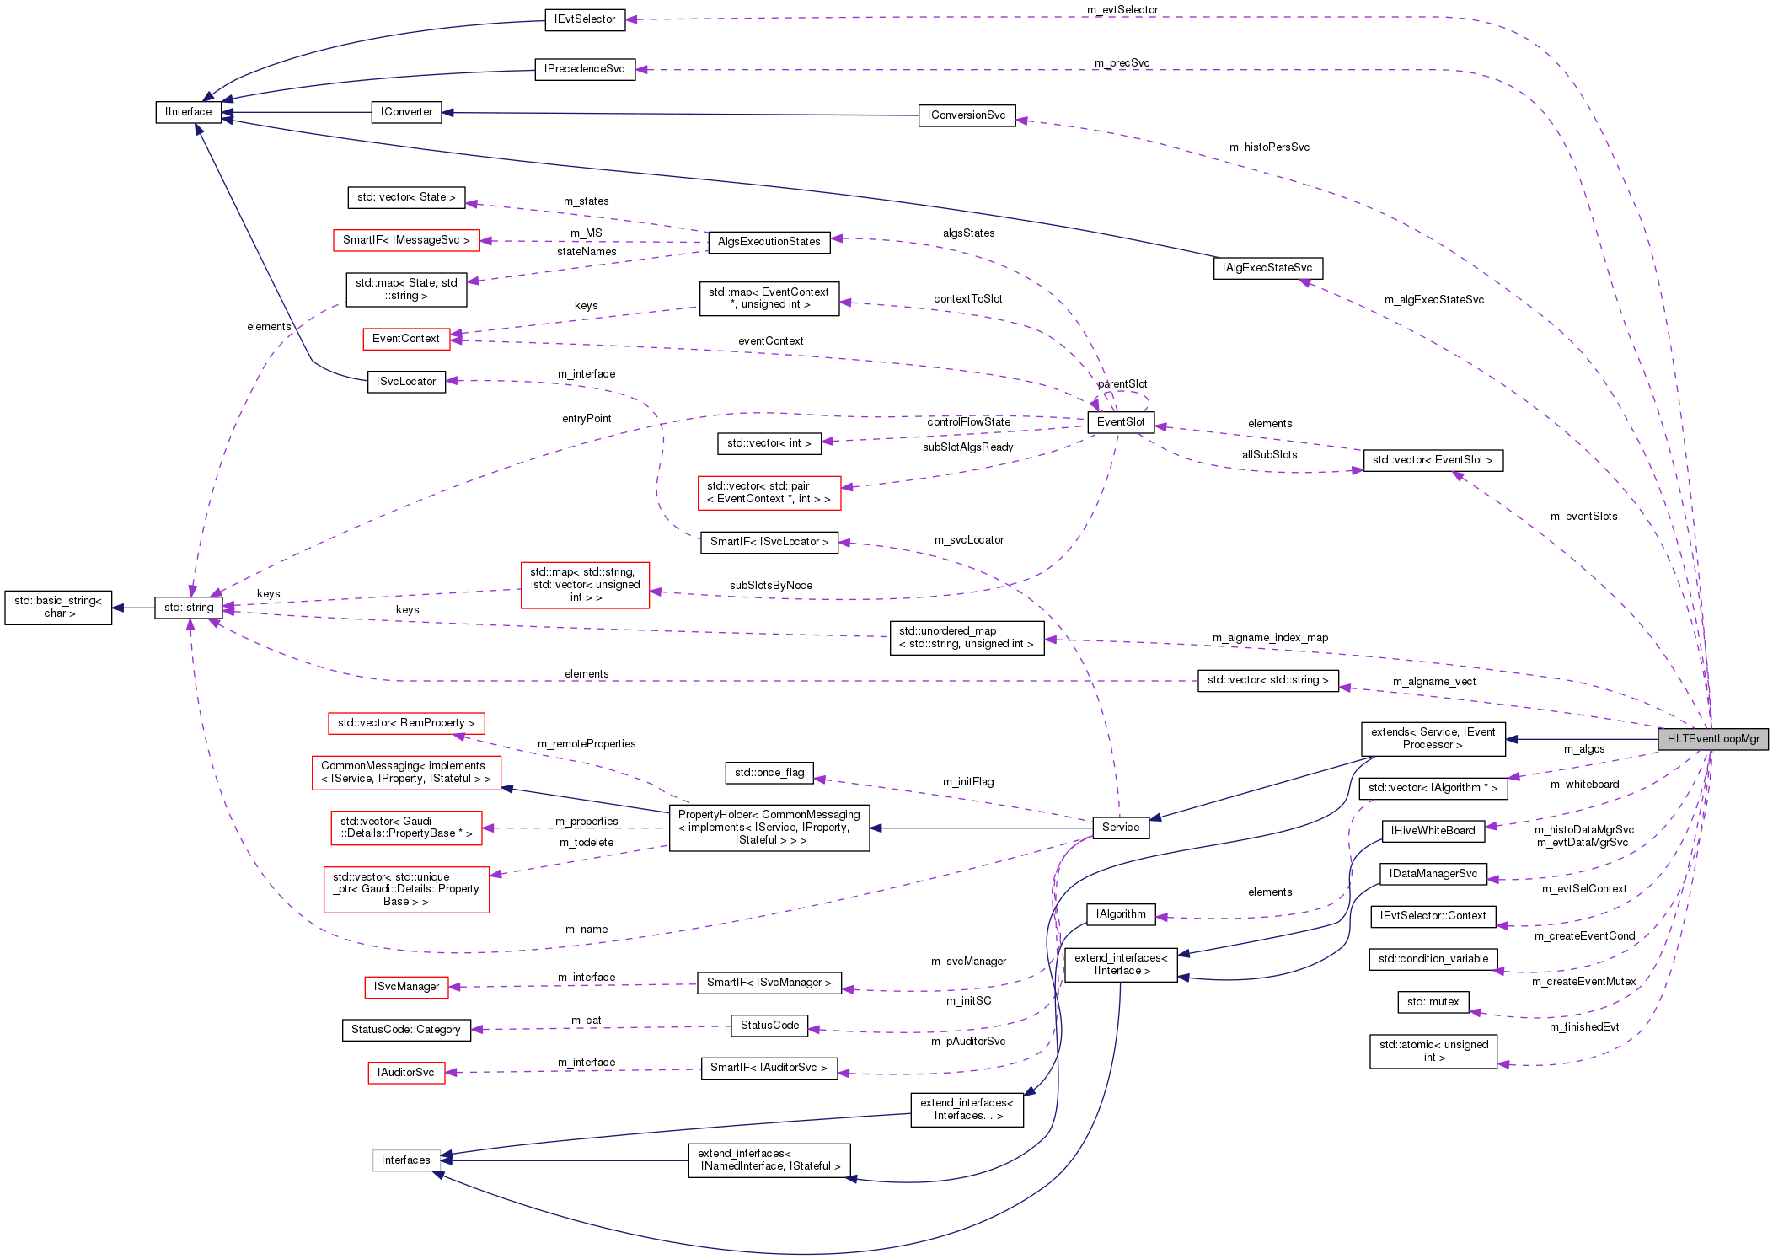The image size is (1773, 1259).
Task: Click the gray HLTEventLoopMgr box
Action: tap(1712, 739)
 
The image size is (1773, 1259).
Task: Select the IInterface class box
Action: tap(189, 112)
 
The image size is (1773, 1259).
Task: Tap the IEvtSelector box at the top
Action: tap(585, 19)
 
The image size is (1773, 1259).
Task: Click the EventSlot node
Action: tap(1121, 422)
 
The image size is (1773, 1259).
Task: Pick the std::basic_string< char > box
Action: tap(58, 608)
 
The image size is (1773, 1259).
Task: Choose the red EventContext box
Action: tap(406, 339)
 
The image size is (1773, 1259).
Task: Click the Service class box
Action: tap(1120, 828)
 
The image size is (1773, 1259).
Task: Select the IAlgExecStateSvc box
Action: tap(1267, 268)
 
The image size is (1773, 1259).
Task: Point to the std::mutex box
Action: tap(1433, 1002)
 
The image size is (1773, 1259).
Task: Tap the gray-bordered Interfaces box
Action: tap(406, 1160)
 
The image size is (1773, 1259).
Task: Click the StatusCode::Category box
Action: tap(406, 1030)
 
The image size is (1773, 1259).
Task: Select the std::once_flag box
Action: tap(769, 773)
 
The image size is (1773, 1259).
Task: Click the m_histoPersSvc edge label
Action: tap(1269, 147)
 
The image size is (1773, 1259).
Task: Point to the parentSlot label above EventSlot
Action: tap(1122, 384)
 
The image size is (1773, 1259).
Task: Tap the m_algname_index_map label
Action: tap(1270, 638)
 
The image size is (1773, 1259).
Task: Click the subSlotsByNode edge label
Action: tap(771, 586)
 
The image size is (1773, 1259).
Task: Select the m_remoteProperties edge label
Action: tap(587, 744)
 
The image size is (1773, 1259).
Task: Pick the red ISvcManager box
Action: tap(406, 987)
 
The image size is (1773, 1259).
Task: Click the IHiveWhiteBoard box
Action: tap(1433, 831)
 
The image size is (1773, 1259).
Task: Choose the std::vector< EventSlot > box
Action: tap(1433, 460)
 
